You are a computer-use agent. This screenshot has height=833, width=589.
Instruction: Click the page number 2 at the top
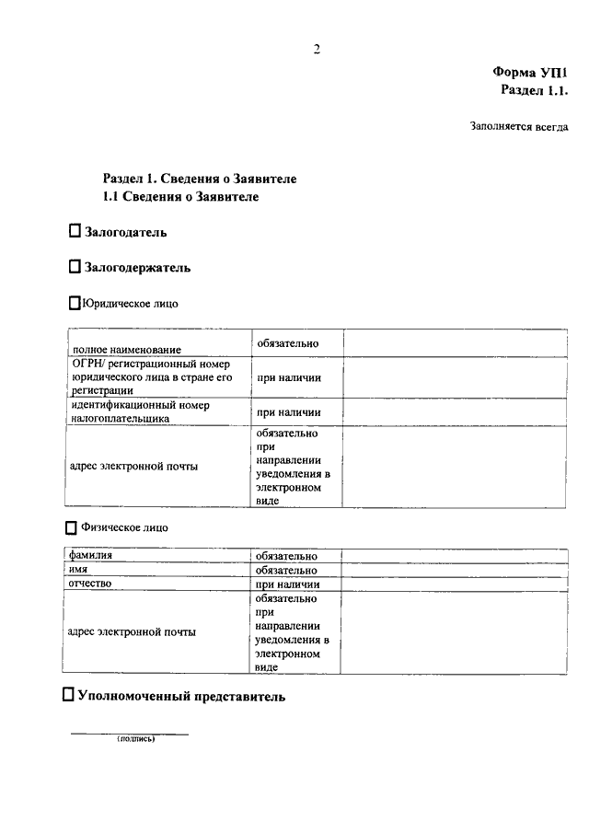coord(316,49)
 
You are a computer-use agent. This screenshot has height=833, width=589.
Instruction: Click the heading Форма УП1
coord(531,72)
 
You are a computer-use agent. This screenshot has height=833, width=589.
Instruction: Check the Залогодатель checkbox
coord(75,233)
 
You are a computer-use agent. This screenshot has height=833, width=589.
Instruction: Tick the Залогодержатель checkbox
coord(75,267)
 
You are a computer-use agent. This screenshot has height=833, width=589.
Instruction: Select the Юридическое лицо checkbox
coord(75,302)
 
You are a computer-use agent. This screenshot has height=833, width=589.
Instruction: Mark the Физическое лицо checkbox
coord(72,528)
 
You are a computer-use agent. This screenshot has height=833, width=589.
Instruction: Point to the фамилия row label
coord(90,556)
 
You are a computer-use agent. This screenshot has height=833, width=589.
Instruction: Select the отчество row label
coord(90,584)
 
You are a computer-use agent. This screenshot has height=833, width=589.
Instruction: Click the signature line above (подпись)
coord(130,734)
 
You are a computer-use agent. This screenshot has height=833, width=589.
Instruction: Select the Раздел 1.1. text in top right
coord(535,90)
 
